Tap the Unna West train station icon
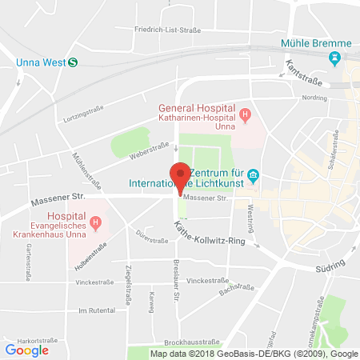(x=73, y=62)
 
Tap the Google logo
(x=26, y=349)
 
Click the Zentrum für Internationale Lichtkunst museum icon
(x=252, y=174)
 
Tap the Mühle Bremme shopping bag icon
(x=334, y=58)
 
